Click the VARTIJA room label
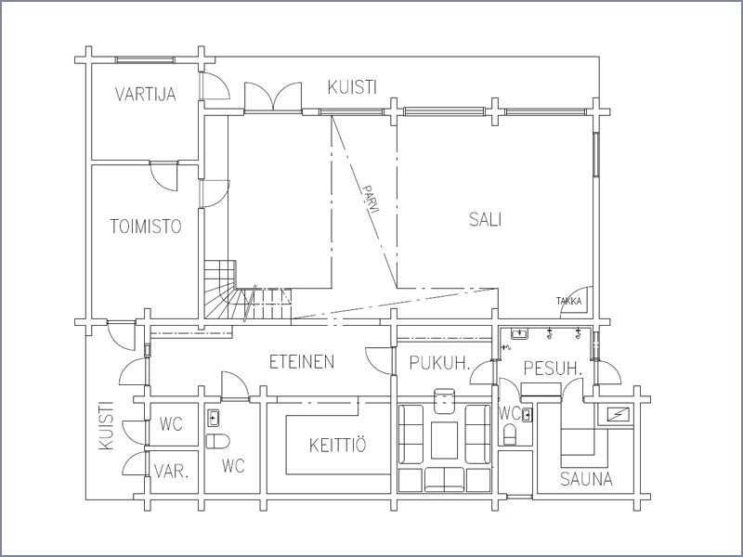(146, 94)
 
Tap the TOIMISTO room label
(146, 227)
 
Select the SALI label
(485, 219)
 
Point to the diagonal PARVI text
(371, 199)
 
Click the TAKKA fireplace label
(568, 301)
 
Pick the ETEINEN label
(302, 362)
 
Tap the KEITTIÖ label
(338, 445)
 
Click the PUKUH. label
(439, 363)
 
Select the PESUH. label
(553, 368)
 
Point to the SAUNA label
(586, 479)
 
